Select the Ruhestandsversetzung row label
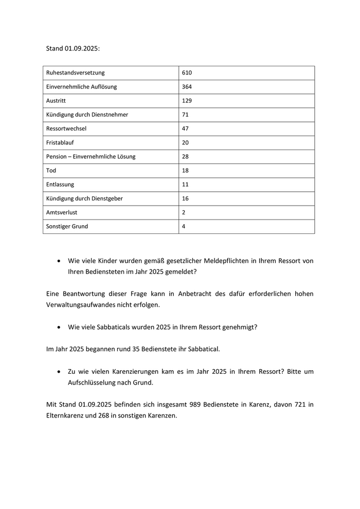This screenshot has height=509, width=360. [75, 73]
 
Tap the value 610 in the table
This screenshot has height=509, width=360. [187, 73]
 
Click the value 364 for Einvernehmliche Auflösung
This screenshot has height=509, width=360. [187, 87]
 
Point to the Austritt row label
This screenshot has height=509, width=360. [56, 101]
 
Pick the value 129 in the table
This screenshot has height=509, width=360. [187, 101]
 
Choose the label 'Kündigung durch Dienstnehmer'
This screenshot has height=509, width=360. [87, 115]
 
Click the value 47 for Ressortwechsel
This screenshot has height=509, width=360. [186, 129]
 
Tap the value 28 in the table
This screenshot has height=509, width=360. [186, 156]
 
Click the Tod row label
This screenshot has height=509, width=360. [51, 170]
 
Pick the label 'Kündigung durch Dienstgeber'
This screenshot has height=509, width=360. [84, 198]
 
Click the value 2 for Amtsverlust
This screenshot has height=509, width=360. [184, 212]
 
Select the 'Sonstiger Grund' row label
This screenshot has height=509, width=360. [67, 226]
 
